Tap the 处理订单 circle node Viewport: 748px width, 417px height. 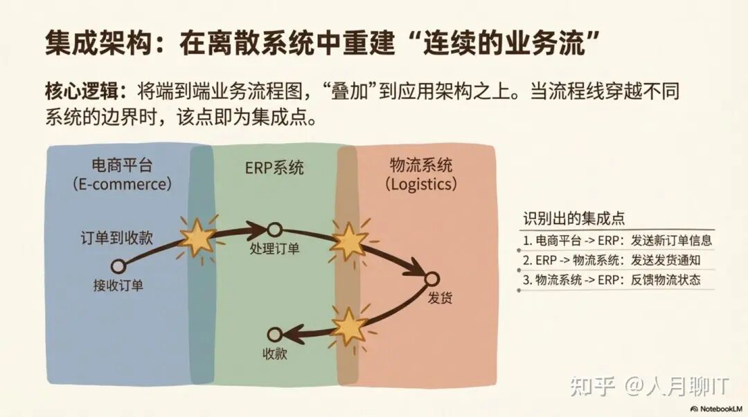click(x=274, y=229)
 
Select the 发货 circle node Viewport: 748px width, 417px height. click(x=431, y=279)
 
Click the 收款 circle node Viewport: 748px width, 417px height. click(x=275, y=335)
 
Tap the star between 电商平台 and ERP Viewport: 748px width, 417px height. click(x=197, y=237)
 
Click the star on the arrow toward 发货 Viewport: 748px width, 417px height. click(x=348, y=241)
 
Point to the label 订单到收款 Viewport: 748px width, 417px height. click(x=116, y=239)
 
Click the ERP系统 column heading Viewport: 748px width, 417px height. click(x=275, y=168)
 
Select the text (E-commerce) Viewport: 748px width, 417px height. click(x=122, y=185)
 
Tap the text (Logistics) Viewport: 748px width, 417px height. click(x=421, y=185)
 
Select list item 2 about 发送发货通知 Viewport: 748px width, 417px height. click(x=612, y=261)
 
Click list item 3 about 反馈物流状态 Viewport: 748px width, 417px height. click(x=612, y=280)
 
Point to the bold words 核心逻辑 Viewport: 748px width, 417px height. click(x=76, y=91)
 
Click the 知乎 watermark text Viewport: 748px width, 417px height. click(x=593, y=387)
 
